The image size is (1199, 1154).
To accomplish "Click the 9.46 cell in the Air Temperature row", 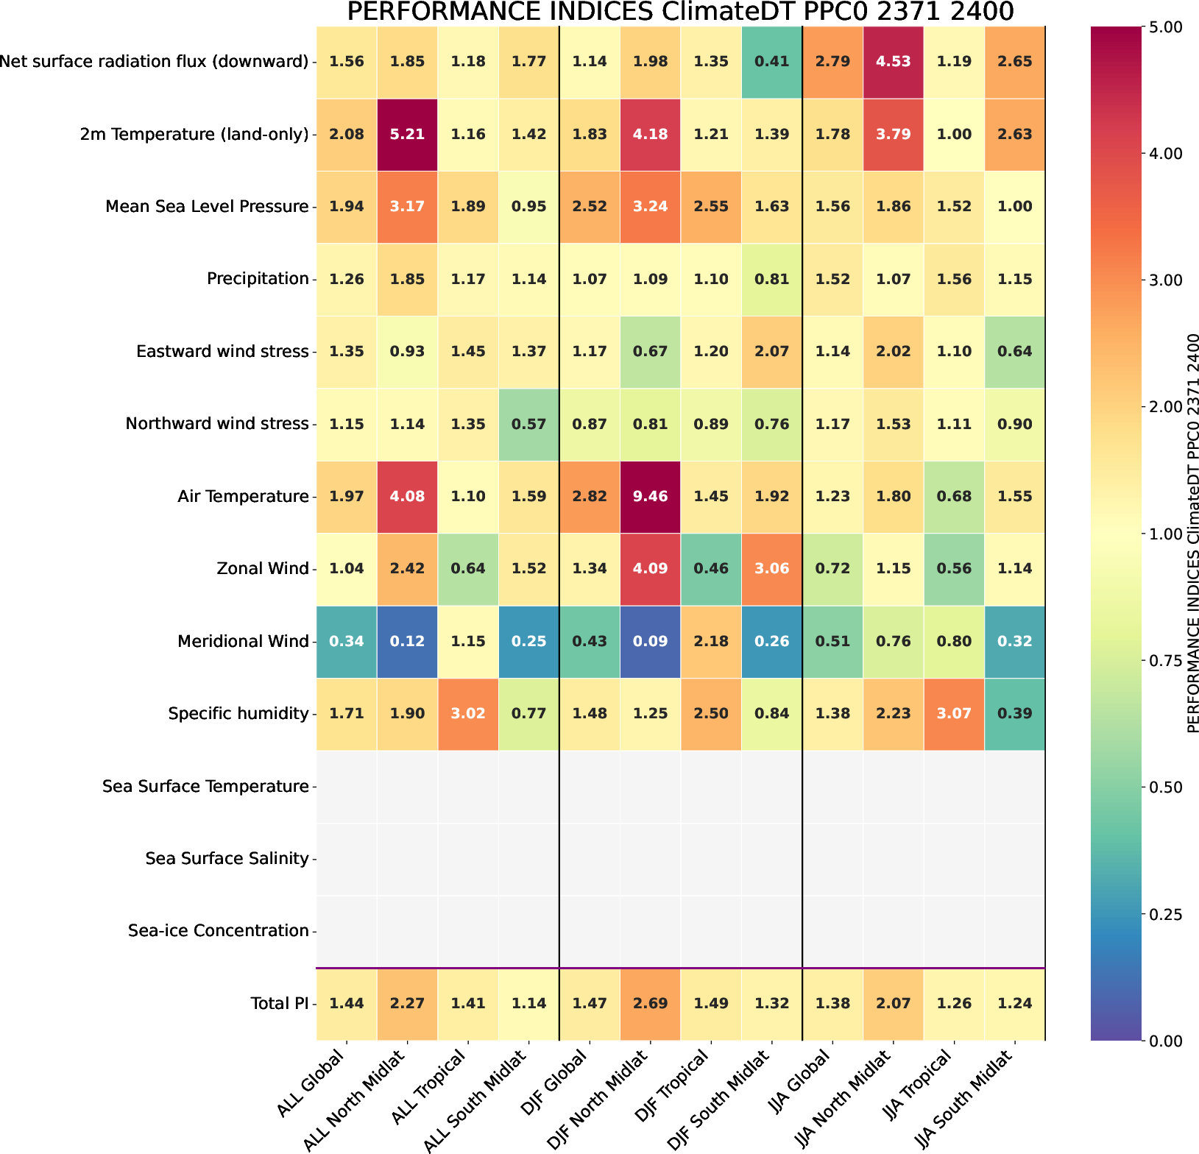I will (650, 497).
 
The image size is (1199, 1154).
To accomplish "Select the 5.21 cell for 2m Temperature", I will (407, 135).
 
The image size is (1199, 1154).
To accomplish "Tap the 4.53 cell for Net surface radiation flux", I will (893, 62).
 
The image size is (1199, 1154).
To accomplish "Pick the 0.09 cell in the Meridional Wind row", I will (650, 641).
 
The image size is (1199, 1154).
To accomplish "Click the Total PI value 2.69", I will (650, 1003).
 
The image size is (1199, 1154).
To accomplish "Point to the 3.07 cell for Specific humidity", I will (954, 714).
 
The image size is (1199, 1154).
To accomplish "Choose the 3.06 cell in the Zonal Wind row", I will (771, 569).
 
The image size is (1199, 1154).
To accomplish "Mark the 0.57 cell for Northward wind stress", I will (528, 424).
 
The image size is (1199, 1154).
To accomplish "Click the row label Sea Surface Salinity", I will (227, 859).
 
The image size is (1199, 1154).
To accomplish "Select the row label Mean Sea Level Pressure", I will (207, 207).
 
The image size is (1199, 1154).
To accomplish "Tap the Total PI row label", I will (279, 1003).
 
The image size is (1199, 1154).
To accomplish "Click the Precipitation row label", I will (258, 279).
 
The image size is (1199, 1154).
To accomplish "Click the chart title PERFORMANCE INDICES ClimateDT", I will (680, 12).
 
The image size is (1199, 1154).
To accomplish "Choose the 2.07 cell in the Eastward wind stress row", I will (771, 352).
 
